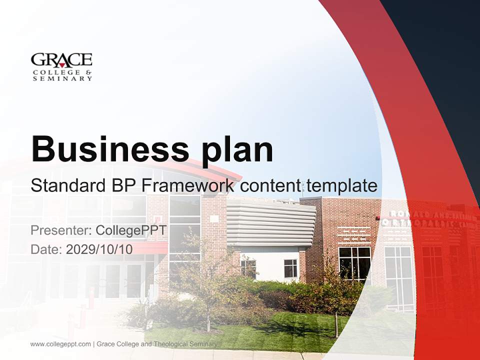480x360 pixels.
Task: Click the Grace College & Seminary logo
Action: click(61, 66)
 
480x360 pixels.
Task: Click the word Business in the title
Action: click(102, 148)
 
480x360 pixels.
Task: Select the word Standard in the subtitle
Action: click(66, 186)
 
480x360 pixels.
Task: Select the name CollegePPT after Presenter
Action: click(131, 230)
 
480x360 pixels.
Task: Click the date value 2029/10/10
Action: click(99, 249)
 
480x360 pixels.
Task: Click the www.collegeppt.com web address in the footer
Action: click(60, 344)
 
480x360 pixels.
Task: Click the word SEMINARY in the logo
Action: click(61, 78)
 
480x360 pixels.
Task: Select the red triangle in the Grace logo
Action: click(62, 64)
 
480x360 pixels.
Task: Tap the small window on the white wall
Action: click(290, 268)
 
